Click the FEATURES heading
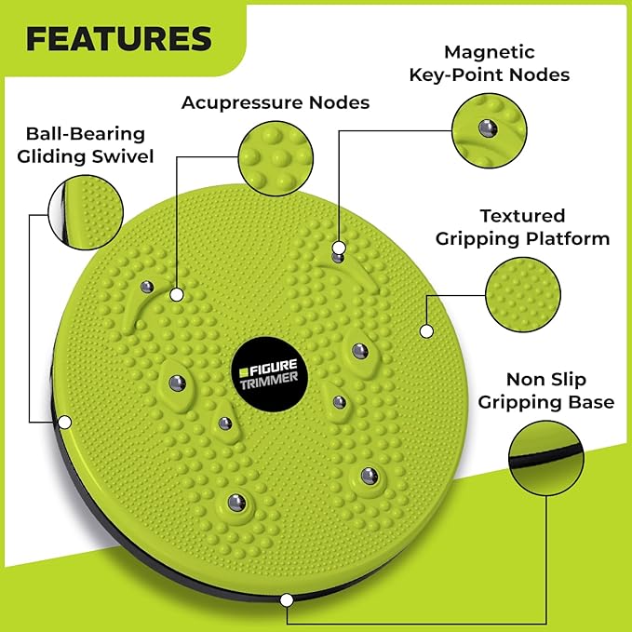(119, 38)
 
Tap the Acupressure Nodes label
(275, 102)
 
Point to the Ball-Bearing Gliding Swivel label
(89, 145)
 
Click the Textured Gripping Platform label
(522, 227)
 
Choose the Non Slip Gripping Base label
(546, 391)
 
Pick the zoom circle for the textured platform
(522, 293)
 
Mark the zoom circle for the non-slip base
(547, 459)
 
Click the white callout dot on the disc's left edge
(65, 422)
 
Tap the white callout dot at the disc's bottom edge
(288, 599)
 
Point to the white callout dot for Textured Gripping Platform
(426, 330)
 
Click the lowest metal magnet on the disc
(235, 503)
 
